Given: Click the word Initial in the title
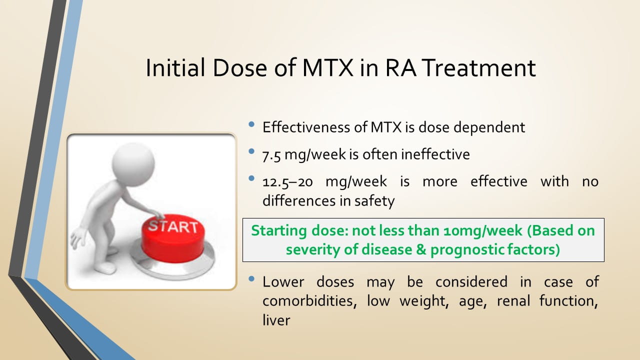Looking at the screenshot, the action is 175,67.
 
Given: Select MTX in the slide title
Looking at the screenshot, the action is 327,67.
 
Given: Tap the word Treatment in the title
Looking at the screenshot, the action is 478,67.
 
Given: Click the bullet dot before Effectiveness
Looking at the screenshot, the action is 251,124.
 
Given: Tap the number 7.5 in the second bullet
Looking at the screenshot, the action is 271,155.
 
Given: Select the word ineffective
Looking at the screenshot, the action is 435,154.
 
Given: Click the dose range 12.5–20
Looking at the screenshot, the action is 287,181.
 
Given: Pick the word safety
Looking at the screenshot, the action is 374,201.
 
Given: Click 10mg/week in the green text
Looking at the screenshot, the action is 483,230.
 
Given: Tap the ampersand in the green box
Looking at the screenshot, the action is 421,249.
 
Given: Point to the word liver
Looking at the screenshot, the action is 276,320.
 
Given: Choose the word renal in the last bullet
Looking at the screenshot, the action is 513,301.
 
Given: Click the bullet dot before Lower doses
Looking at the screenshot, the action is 251,279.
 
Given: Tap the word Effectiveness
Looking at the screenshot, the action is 306,127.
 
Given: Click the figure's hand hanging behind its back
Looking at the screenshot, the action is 77,238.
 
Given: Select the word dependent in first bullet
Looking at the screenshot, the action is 489,127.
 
